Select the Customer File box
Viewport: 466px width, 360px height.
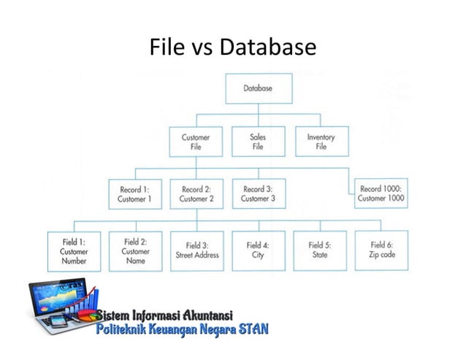[x=195, y=142]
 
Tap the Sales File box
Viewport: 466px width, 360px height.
[x=257, y=142]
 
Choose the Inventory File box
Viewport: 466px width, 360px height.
[x=321, y=142]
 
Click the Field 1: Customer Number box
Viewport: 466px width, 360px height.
[x=74, y=250]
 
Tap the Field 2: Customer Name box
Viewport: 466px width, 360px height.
[x=135, y=250]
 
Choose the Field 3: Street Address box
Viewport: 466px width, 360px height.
[x=196, y=250]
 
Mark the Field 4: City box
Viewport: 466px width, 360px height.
[x=258, y=250]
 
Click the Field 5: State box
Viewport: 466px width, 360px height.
[x=319, y=250]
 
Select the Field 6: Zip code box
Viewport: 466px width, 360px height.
[x=381, y=250]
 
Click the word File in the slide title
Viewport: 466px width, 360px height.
[x=165, y=47]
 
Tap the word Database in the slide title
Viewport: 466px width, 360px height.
[x=268, y=47]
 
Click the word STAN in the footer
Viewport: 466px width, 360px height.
[x=253, y=330]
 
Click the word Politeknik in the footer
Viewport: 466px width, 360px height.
[x=121, y=330]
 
